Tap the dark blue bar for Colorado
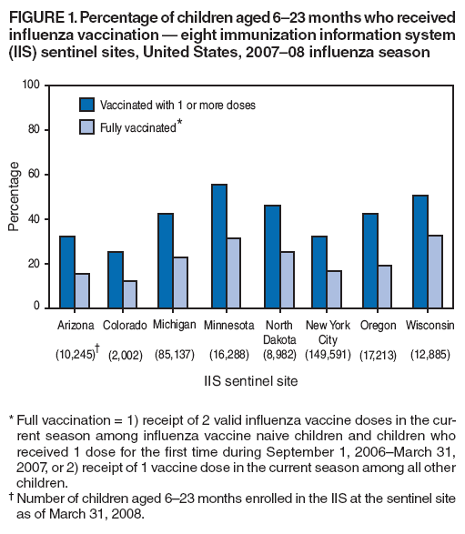[x=115, y=279]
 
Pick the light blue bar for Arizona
[x=82, y=290]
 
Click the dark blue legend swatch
[x=87, y=105]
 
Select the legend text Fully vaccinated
[x=137, y=128]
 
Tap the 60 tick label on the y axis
[x=34, y=174]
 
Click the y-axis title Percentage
[x=15, y=196]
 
